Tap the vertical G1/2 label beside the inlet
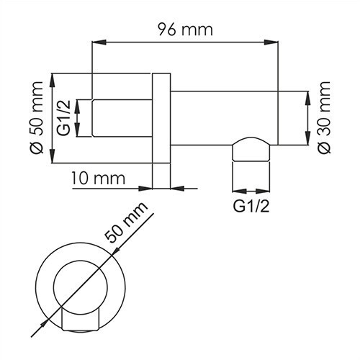coord(64,118)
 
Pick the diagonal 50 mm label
coord(130,226)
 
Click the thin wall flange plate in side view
coord(162,130)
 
